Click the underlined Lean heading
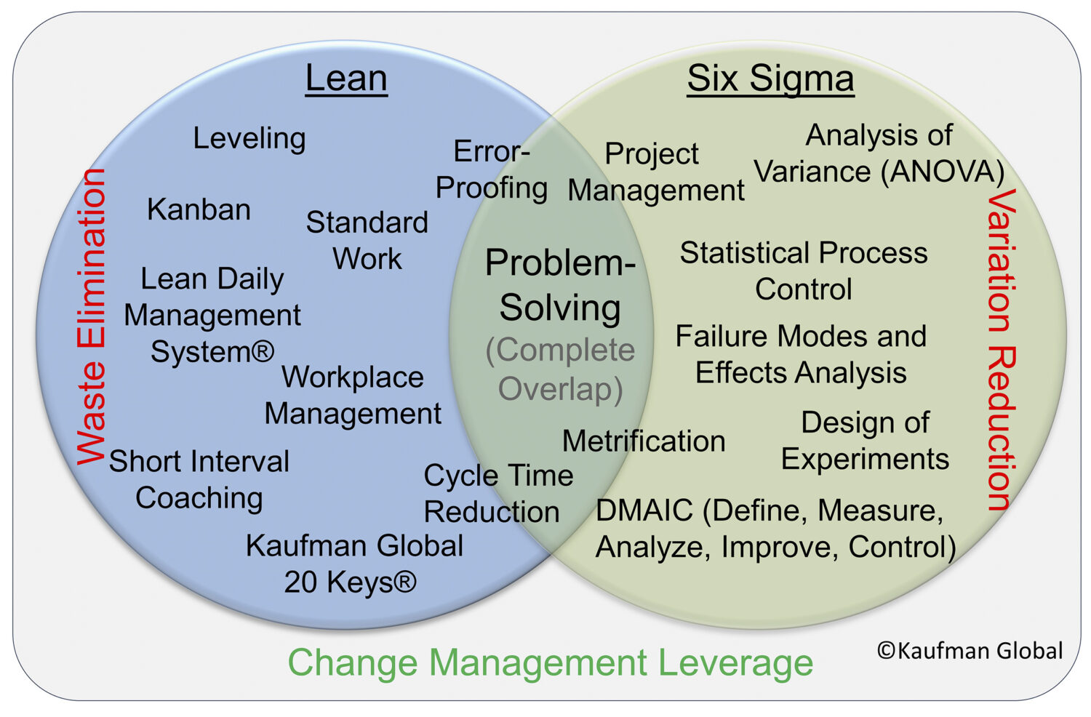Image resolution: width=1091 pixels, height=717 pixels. (346, 78)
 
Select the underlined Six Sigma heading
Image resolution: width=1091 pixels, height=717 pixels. (770, 78)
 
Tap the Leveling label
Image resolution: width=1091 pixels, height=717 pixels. (249, 138)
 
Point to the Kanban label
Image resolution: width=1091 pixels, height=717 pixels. (199, 209)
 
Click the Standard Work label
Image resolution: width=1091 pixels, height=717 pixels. (367, 240)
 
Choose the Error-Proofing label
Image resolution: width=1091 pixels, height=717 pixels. (492, 169)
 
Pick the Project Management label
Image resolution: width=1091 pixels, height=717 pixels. (655, 172)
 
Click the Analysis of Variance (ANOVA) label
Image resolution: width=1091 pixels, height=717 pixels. (879, 153)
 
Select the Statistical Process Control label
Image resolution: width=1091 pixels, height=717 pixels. (804, 271)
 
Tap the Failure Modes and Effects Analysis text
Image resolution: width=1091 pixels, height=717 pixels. (801, 354)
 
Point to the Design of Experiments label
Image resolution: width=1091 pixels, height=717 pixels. (865, 441)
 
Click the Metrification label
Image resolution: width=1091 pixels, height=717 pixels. (644, 441)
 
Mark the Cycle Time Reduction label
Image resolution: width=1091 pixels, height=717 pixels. (497, 493)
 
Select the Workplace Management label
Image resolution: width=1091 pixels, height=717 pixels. (353, 395)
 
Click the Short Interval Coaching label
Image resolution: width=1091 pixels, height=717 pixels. (199, 479)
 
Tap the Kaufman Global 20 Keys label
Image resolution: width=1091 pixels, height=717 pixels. (353, 564)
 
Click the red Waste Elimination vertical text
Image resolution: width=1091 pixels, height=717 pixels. (92, 316)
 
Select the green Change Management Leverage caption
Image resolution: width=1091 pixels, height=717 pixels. (550, 662)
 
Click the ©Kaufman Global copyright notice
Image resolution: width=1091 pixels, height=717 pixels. (970, 650)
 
